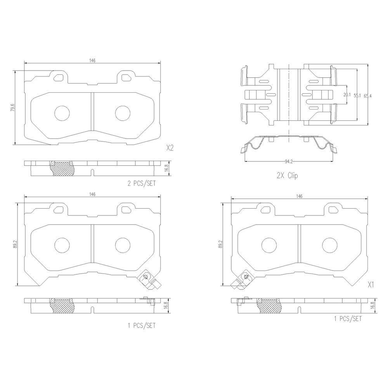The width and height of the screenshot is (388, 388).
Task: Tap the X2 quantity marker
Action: click(170, 148)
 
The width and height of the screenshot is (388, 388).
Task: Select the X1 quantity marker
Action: click(371, 285)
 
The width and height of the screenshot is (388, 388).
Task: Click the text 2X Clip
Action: click(287, 176)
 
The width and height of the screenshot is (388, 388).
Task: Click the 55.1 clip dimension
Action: click(357, 95)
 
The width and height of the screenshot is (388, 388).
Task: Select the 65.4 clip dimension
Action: click(368, 96)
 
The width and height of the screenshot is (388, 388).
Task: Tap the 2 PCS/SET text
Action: click(142, 184)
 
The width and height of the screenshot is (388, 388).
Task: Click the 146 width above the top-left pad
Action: click(92, 61)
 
